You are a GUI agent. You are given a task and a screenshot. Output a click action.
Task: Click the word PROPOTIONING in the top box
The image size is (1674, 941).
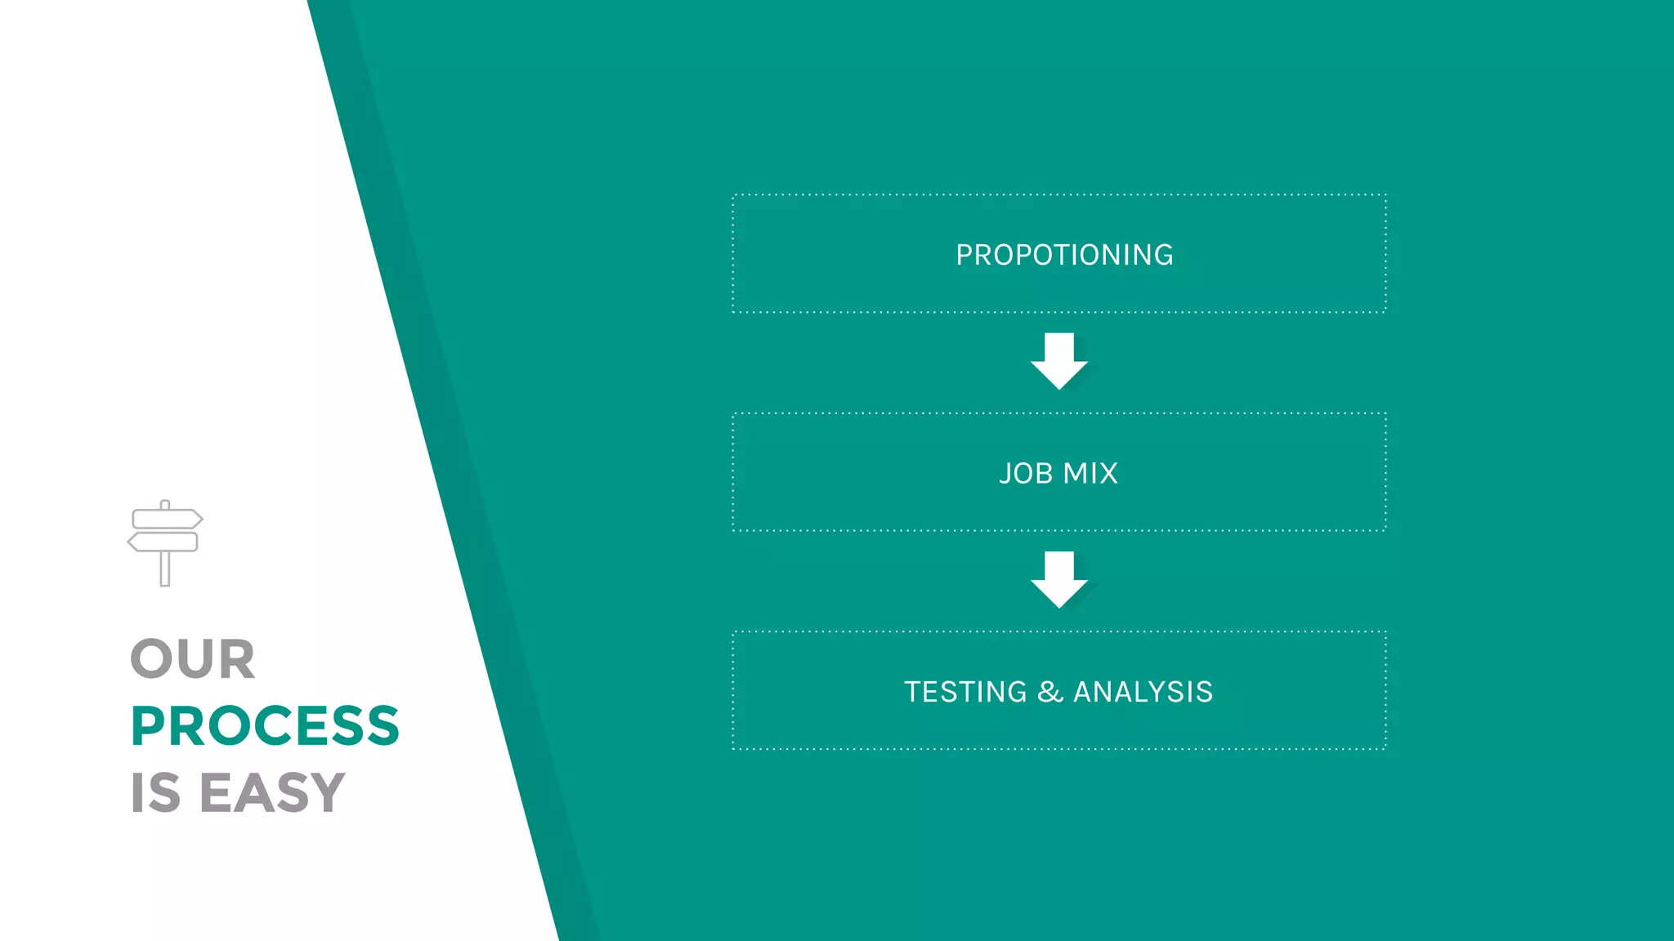(1064, 255)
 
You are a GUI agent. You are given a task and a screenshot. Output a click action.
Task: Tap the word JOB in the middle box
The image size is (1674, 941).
(1025, 474)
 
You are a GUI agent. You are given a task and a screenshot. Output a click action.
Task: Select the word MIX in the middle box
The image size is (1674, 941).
(1090, 474)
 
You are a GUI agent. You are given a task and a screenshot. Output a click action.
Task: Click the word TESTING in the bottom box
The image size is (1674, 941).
(965, 692)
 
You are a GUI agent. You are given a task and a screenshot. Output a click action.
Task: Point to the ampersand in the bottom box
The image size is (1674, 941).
(1050, 692)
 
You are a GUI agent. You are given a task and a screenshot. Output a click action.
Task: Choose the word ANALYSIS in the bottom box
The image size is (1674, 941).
(1143, 692)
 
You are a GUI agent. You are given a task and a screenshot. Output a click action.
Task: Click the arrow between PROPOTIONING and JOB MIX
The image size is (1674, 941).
(1059, 360)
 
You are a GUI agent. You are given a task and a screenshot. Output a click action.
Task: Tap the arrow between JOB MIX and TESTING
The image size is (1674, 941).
(1059, 579)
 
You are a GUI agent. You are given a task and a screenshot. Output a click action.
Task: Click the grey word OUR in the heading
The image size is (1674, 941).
(193, 659)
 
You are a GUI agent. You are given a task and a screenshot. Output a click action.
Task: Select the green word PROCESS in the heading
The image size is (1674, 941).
(265, 726)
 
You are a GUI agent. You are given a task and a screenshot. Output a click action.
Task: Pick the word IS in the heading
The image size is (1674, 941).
(155, 792)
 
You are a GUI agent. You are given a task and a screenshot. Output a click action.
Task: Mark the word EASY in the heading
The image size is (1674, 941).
(272, 792)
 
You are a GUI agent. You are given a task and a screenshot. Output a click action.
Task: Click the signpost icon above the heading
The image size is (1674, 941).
(165, 542)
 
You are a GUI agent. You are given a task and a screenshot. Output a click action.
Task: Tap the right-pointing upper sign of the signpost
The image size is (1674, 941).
(167, 519)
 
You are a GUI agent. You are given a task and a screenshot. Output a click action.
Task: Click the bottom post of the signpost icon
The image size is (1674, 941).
(165, 569)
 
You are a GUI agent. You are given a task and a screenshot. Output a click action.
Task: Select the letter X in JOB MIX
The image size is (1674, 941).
(1108, 474)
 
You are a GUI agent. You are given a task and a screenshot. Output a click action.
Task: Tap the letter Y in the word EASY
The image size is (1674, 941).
(328, 792)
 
